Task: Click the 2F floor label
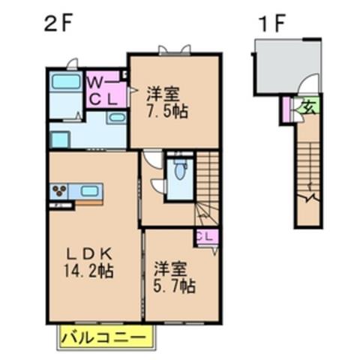58,24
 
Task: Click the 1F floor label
273,24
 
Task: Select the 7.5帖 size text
166,111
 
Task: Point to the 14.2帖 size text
89,271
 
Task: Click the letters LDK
89,254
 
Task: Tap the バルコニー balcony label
103,338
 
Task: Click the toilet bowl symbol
179,170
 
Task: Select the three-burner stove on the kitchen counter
59,190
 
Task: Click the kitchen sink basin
89,191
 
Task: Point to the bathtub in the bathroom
66,82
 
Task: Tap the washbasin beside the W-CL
116,117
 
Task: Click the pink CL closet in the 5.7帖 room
207,237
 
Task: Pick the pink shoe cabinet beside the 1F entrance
286,110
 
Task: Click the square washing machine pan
60,139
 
